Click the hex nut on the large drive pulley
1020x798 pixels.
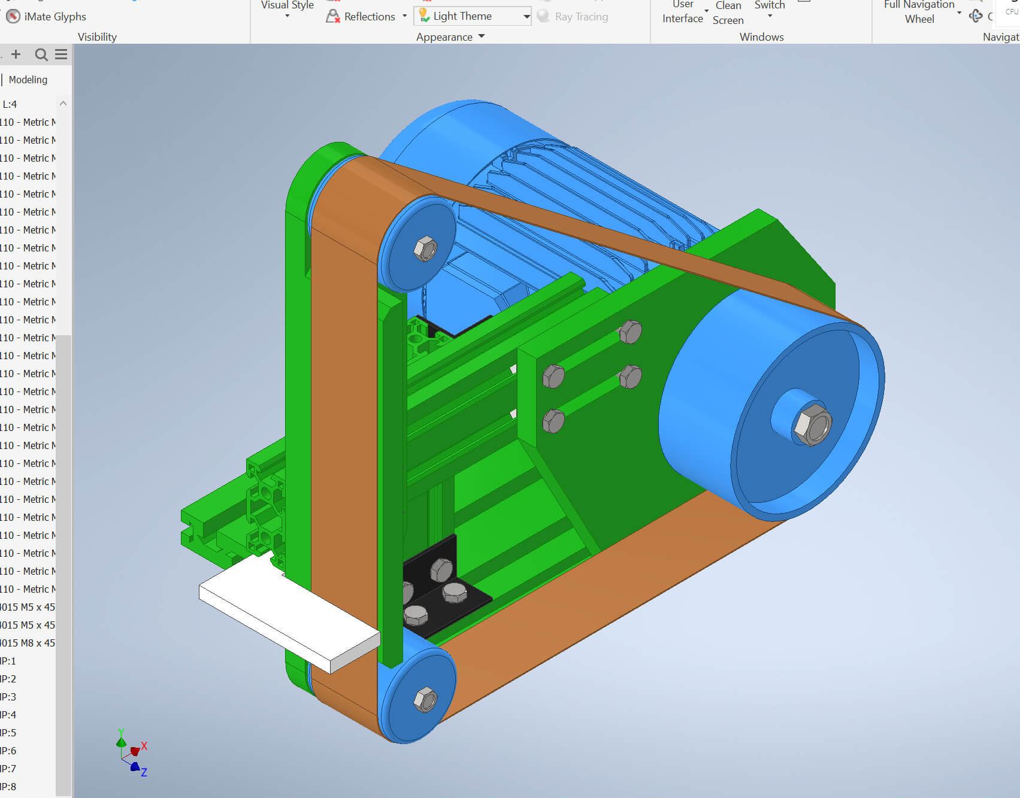click(x=812, y=425)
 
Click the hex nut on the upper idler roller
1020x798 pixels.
click(x=425, y=248)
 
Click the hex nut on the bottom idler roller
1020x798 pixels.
click(x=425, y=699)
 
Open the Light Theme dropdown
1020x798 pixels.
click(x=526, y=16)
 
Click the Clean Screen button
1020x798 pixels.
click(x=728, y=13)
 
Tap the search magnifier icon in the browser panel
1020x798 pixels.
click(x=41, y=55)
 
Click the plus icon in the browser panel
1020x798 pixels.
click(x=16, y=55)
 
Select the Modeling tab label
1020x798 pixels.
click(x=28, y=80)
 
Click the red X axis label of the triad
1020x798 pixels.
click(x=144, y=746)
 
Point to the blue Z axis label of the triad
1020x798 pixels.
click(x=144, y=772)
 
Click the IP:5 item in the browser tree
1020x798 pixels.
click(x=8, y=733)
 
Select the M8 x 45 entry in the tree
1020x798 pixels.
click(x=29, y=643)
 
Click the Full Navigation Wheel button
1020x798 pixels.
click(x=919, y=12)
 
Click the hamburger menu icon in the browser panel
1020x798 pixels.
click(x=61, y=55)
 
